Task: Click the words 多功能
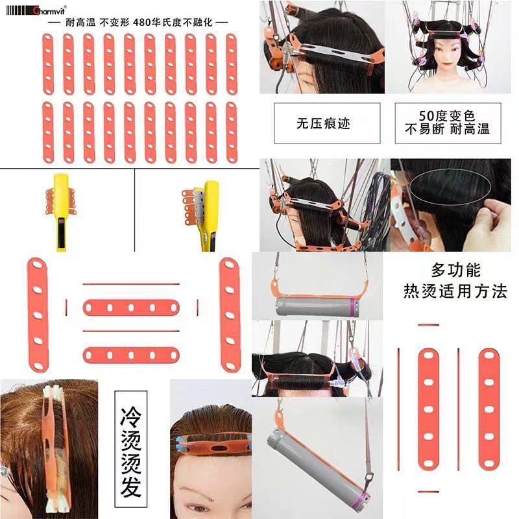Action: (455, 269)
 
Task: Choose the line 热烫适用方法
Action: (455, 291)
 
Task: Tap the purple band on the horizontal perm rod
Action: (351, 306)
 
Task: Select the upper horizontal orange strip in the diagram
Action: (130, 307)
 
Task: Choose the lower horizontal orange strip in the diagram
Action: (130, 355)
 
